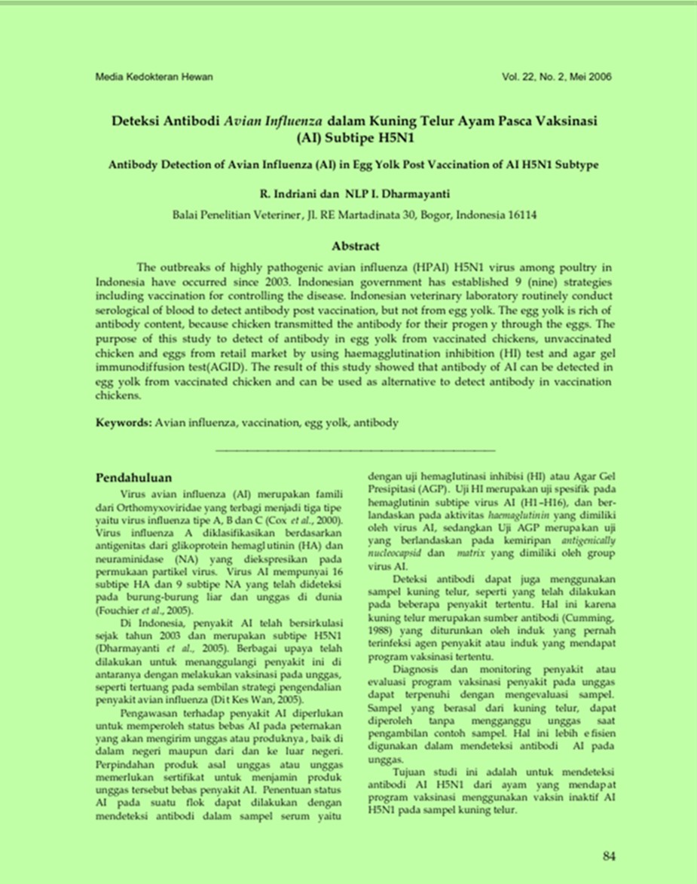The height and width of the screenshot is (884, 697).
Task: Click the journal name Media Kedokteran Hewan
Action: point(154,77)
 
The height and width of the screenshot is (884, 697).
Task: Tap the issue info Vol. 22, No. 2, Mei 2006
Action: point(556,77)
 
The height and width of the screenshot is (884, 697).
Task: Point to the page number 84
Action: point(610,855)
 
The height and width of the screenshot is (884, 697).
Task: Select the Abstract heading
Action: point(356,246)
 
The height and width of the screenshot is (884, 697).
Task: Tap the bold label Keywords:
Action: point(124,423)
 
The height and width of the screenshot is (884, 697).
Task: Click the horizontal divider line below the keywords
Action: point(356,451)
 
